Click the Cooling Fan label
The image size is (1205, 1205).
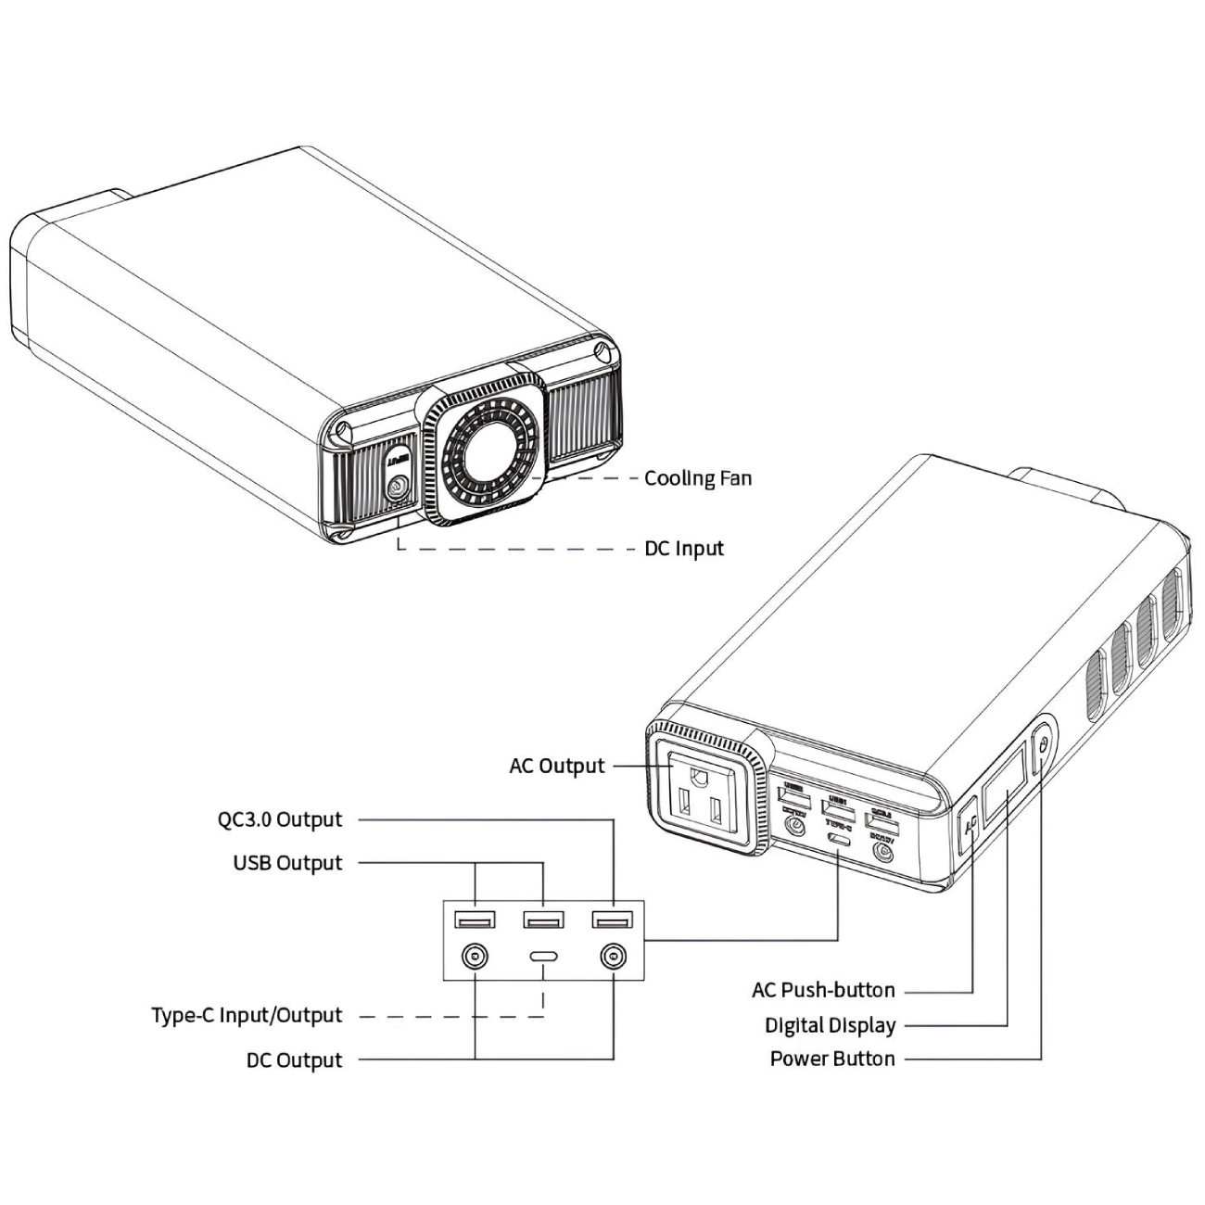point(697,478)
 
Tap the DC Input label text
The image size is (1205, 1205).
point(683,549)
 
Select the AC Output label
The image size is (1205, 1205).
point(556,767)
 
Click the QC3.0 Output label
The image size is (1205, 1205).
point(280,819)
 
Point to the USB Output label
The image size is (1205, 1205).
point(287,863)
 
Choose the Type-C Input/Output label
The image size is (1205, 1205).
point(247,1016)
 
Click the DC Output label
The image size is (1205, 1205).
point(294,1060)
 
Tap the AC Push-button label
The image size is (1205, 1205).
point(823,990)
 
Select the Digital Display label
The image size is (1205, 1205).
point(830,1025)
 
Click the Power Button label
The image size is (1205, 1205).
point(832,1059)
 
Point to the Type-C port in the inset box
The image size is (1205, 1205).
point(543,957)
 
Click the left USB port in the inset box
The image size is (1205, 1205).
point(475,920)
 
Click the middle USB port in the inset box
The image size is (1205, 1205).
point(543,920)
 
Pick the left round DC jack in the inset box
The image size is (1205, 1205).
point(475,957)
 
